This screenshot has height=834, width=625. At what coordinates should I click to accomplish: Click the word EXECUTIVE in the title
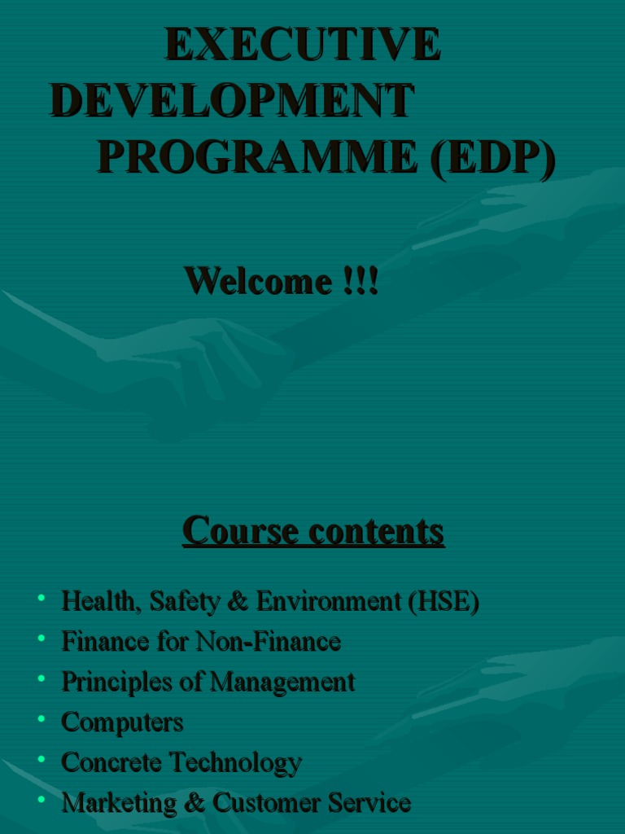pyautogui.click(x=303, y=44)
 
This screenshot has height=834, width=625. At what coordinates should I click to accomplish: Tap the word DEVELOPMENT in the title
pyautogui.click(x=232, y=101)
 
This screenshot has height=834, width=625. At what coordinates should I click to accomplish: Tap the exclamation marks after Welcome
pyautogui.click(x=360, y=281)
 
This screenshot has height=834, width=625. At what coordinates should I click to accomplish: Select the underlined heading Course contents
pyautogui.click(x=313, y=531)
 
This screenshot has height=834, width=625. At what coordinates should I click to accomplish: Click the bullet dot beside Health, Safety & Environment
pyautogui.click(x=41, y=599)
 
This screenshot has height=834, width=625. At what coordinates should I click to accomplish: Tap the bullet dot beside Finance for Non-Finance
pyautogui.click(x=41, y=639)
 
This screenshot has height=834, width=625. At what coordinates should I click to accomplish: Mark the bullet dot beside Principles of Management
pyautogui.click(x=41, y=678)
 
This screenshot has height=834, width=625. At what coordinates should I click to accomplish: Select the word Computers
pyautogui.click(x=122, y=722)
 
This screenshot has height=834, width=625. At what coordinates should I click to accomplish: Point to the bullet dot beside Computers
pyautogui.click(x=41, y=718)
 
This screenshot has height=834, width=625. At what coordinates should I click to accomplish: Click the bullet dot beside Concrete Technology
pyautogui.click(x=41, y=758)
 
